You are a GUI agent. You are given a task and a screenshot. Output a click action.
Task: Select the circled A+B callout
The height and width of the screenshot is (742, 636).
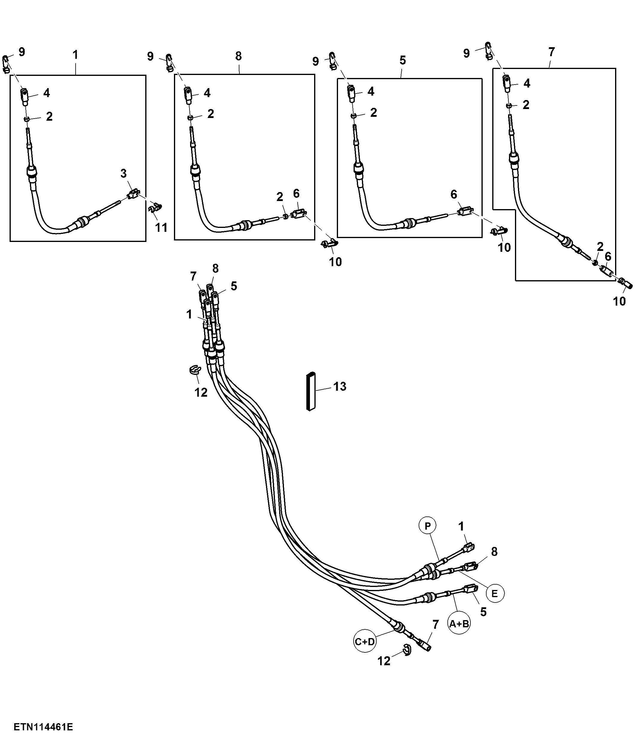(459, 624)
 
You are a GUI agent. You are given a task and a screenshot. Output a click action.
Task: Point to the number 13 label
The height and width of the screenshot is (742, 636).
(340, 387)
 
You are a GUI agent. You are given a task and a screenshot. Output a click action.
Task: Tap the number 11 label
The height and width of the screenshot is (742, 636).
(161, 227)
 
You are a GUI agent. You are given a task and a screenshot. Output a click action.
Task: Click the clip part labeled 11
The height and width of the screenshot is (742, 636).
(155, 207)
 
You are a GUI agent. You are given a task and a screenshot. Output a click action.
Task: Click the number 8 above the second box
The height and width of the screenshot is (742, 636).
(239, 56)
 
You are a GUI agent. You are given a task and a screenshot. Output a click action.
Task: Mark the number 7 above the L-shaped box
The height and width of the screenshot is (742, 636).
(551, 52)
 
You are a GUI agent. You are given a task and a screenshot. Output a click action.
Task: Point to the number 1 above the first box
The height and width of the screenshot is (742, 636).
(75, 55)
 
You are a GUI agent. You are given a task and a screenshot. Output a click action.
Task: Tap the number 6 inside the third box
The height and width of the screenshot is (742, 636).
(454, 194)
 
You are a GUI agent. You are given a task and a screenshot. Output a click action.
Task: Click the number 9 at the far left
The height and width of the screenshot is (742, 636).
(22, 52)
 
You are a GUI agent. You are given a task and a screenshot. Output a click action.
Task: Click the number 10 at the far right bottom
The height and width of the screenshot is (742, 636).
(620, 301)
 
